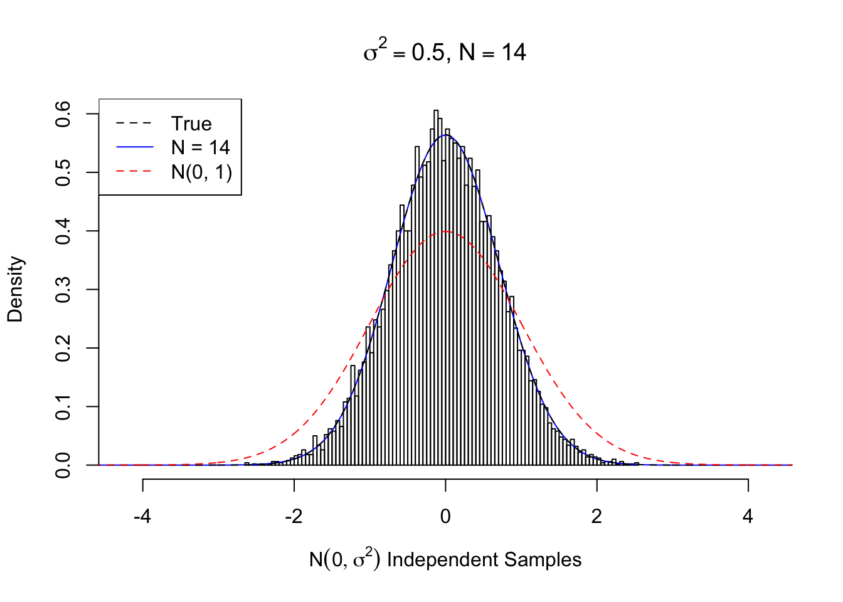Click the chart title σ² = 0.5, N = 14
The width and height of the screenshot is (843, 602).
click(445, 52)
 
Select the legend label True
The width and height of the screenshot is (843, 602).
click(191, 124)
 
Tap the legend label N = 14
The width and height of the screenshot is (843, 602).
click(201, 147)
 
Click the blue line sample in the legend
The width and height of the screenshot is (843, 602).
click(134, 147)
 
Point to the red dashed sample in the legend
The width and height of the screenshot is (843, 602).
click(134, 171)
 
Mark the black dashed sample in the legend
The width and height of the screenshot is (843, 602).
click(134, 124)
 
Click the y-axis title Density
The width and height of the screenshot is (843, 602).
click(15, 289)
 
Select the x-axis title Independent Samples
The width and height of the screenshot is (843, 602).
click(445, 559)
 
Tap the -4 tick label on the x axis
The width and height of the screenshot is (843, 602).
click(142, 516)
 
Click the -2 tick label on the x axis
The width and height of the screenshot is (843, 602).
click(294, 516)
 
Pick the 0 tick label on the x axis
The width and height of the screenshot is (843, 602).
click(445, 516)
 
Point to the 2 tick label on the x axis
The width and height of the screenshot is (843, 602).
click(596, 516)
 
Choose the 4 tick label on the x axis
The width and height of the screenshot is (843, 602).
click(748, 516)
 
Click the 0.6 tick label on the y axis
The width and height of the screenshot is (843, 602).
click(63, 114)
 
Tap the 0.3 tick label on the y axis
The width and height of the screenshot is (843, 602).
click(63, 290)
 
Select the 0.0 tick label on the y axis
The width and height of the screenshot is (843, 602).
click(63, 465)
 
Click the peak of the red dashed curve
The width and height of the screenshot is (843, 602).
click(445, 231)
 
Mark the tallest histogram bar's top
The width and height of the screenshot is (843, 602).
click(436, 110)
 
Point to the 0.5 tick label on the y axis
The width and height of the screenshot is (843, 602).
click(63, 172)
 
